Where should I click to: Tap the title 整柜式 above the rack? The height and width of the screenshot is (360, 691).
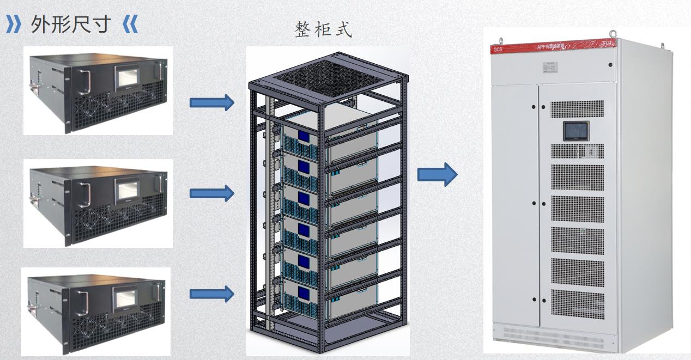pos(323,30)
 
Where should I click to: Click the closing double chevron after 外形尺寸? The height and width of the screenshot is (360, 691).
pos(131,25)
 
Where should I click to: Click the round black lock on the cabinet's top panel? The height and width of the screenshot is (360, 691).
pos(610,65)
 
